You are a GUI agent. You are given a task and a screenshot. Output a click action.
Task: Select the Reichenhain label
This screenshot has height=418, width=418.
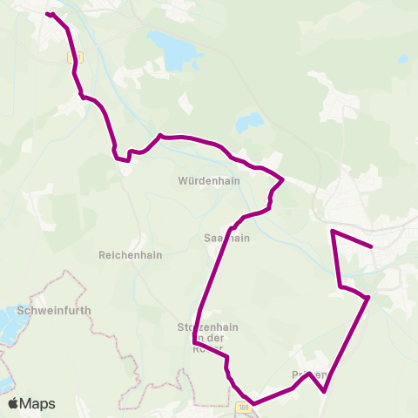[131, 256]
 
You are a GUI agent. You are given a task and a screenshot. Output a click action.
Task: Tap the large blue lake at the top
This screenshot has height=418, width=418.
[172, 50]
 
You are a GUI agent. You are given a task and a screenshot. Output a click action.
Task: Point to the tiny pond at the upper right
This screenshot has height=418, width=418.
[403, 59]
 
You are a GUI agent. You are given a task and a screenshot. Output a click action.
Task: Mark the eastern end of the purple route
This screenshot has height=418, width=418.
[372, 246]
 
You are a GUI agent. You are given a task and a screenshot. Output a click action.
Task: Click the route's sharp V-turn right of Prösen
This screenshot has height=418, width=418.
[324, 392]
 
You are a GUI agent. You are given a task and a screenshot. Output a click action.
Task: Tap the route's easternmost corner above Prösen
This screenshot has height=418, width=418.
[368, 298]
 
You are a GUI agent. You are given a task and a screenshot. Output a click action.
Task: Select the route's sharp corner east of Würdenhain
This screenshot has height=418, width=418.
[284, 179]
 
